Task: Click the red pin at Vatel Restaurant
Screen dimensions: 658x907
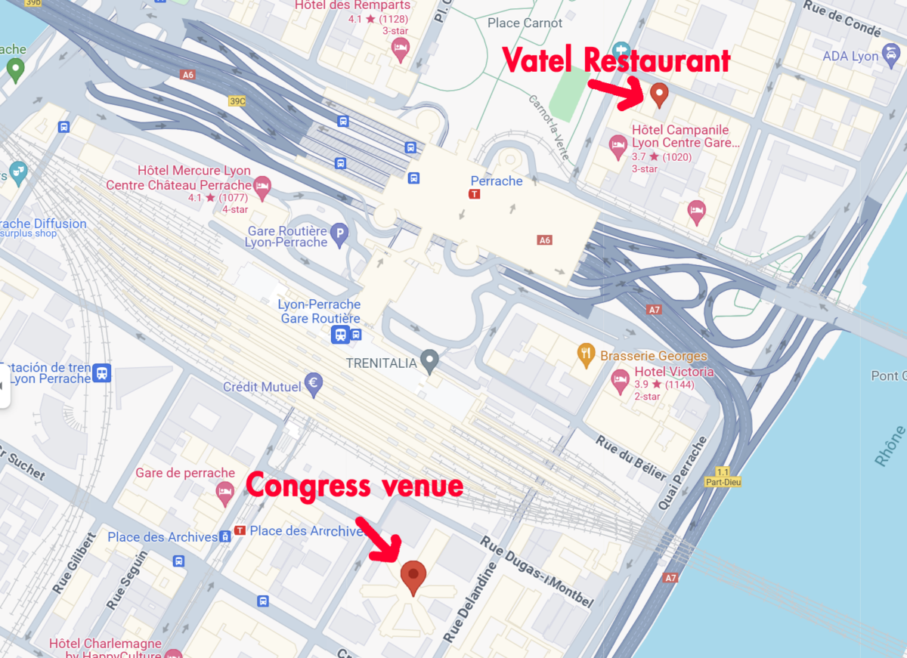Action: click(659, 95)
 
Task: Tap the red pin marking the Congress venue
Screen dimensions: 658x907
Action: click(413, 576)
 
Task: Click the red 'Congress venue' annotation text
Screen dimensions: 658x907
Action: click(354, 486)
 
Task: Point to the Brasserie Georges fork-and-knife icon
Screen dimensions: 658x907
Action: click(586, 355)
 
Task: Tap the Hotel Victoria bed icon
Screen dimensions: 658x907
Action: click(621, 380)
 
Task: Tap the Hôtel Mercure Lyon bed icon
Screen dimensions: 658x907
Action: click(262, 186)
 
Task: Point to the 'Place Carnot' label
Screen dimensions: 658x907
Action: click(525, 23)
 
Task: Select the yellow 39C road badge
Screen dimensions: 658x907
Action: click(237, 100)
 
